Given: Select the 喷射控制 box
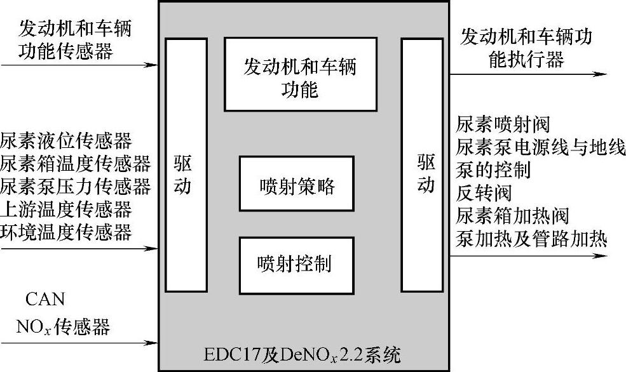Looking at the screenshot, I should [x=297, y=264].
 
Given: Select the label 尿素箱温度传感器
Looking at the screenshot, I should [x=75, y=164].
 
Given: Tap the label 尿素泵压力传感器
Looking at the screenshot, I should [x=75, y=187].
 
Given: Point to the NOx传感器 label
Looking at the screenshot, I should [x=63, y=327].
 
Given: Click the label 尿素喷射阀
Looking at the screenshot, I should [x=503, y=124].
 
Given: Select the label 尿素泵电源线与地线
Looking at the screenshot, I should [x=540, y=147].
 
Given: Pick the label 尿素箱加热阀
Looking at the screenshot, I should [x=512, y=215].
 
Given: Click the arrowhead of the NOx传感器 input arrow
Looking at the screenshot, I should [x=152, y=343].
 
